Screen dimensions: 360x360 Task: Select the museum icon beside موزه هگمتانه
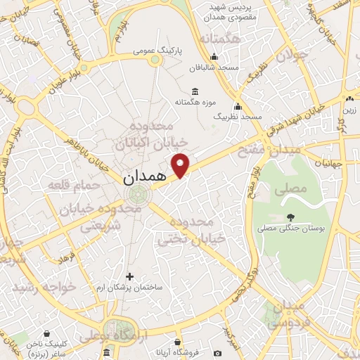195,91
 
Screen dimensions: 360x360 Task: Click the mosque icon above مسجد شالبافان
215,57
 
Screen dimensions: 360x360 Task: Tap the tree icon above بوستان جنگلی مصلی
290,217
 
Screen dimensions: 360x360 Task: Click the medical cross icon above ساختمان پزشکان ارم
129,276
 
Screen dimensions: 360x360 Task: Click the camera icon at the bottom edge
218,352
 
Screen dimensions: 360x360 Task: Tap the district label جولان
292,54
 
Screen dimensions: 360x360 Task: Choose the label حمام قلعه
67,186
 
